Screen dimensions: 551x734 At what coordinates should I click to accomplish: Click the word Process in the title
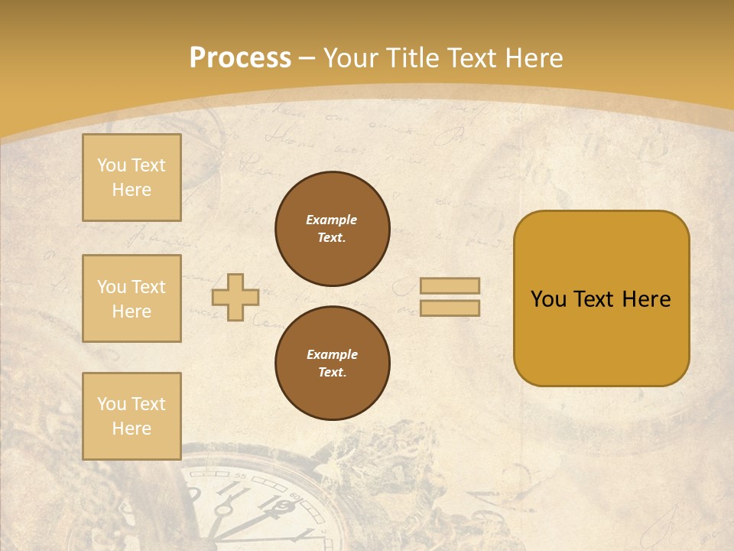tap(240, 57)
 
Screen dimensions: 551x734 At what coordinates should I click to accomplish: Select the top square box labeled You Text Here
tap(132, 178)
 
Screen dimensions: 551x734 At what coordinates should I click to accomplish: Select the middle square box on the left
tap(132, 298)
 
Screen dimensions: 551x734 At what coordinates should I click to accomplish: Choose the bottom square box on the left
tap(132, 416)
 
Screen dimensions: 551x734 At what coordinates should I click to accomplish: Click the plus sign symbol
tap(235, 297)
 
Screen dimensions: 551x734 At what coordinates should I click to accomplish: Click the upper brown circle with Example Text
tap(333, 229)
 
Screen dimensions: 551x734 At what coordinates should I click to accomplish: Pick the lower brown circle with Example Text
tap(333, 363)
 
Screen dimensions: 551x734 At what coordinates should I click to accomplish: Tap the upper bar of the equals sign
tap(450, 286)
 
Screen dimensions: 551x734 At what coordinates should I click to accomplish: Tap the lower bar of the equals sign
tap(450, 308)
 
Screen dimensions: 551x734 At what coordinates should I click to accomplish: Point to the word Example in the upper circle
tap(332, 220)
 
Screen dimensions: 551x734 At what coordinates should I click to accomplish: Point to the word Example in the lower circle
tap(332, 354)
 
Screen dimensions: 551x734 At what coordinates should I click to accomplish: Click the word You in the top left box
tap(112, 165)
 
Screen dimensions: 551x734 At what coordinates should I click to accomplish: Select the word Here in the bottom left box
tap(132, 429)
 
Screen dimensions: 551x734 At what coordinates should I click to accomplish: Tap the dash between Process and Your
tap(307, 58)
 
